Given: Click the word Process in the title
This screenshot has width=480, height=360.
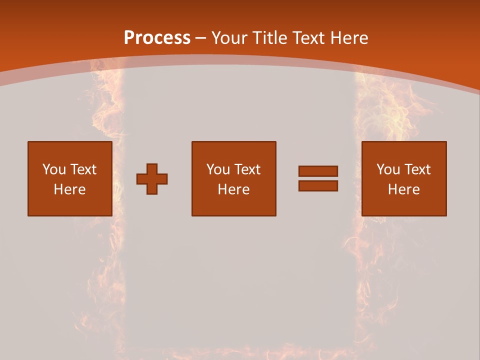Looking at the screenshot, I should [157, 38].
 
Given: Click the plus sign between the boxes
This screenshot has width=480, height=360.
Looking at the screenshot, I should [152, 179].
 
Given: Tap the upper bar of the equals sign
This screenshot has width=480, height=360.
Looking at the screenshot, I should [318, 171].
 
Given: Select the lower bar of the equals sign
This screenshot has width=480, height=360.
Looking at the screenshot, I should [318, 185].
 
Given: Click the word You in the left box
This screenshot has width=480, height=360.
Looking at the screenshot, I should [54, 169].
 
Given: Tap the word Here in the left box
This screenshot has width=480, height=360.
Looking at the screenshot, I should [70, 189].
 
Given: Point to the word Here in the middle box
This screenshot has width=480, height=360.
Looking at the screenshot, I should [234, 189].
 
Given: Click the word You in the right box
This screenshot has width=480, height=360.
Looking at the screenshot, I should [388, 169].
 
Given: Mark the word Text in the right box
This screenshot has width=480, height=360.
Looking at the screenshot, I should [416, 169].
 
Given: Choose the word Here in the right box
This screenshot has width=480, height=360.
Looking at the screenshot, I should [404, 189].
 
